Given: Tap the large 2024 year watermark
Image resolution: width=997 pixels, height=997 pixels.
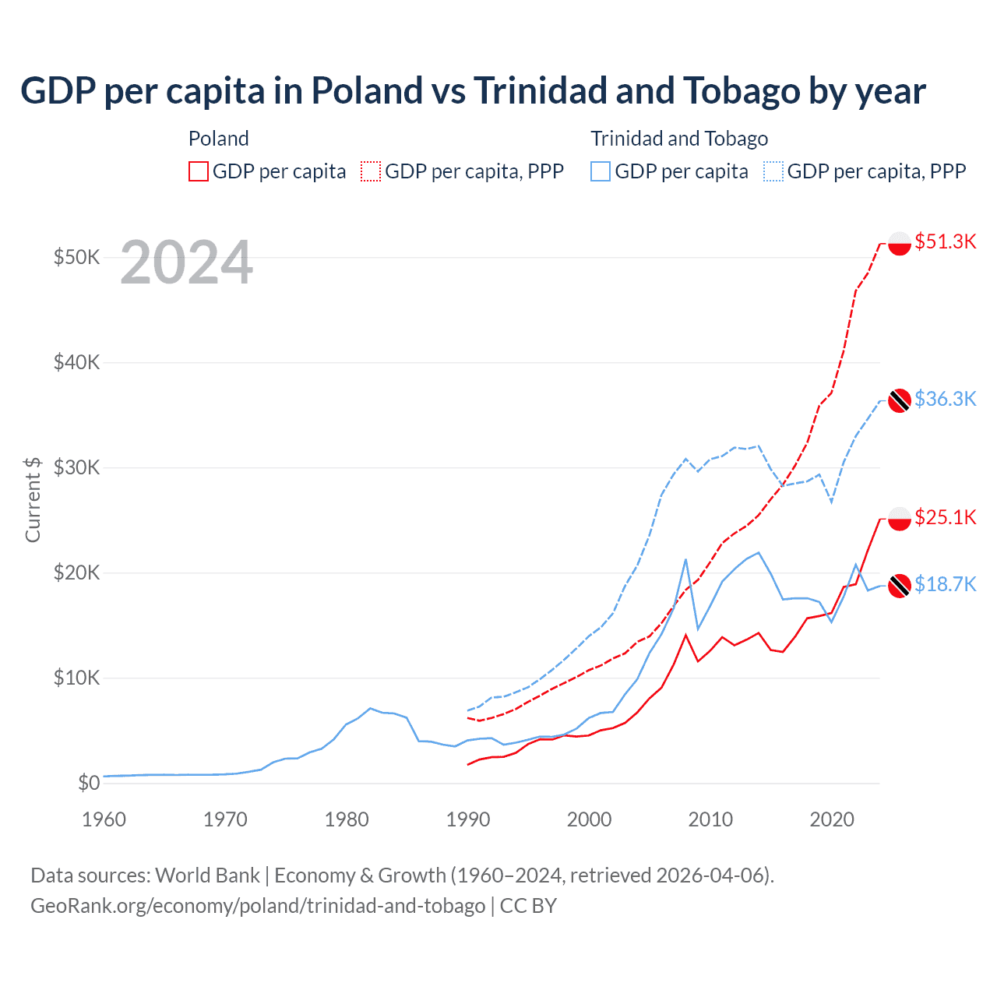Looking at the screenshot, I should [186, 262].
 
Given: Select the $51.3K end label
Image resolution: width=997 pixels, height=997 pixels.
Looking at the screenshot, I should [945, 241].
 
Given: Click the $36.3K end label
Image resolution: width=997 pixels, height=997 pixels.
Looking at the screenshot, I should [945, 399].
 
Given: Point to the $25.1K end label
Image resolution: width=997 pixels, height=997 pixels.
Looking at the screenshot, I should [945, 517].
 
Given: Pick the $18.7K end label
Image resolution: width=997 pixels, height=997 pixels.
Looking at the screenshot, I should [945, 584].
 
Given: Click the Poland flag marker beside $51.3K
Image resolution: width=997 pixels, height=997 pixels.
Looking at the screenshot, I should [900, 243].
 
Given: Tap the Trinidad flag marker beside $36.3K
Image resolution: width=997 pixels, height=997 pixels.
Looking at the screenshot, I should [900, 400].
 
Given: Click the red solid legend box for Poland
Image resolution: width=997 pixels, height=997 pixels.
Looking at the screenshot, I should [199, 171].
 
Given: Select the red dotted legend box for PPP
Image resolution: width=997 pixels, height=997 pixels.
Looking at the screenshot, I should [371, 171].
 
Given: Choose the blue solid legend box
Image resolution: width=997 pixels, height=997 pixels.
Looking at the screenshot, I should [601, 171].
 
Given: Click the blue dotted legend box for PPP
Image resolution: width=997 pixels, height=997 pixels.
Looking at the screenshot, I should [773, 171].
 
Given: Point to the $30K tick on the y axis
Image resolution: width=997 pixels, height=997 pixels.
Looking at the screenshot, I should [76, 467].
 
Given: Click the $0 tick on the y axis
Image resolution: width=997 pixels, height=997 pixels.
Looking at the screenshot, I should [89, 783].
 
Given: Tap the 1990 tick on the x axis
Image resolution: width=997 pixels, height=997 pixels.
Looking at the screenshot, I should [468, 819].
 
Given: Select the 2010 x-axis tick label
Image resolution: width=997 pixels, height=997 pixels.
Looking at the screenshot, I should [710, 819].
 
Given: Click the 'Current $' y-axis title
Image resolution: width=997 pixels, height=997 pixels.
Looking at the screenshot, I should [33, 499].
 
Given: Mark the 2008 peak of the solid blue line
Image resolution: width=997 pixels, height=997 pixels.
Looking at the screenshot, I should [685, 559].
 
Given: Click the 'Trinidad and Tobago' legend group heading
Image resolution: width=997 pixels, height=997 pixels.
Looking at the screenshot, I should [679, 139].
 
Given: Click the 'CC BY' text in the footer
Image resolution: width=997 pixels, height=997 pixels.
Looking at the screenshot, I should [528, 906].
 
